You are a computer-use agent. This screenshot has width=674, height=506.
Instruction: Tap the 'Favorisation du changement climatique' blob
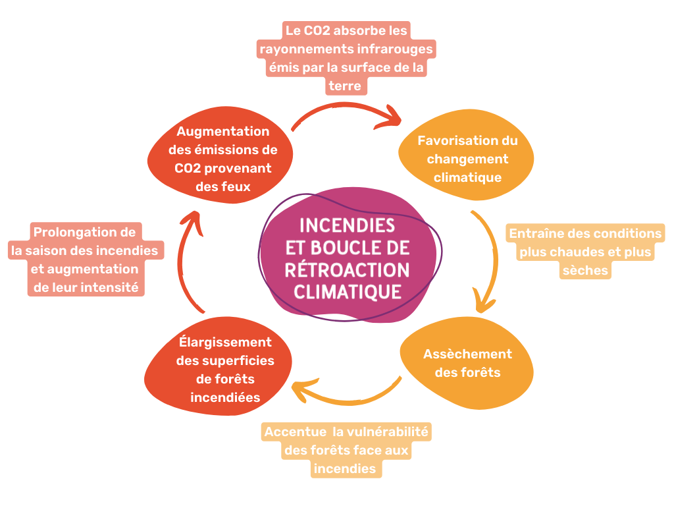pos(467,159)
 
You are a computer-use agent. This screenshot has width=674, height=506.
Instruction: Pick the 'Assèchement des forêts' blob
pos(467,363)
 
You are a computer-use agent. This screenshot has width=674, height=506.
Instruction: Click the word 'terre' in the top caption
pos(344,86)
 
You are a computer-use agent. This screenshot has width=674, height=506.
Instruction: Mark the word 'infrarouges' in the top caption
pos(394,49)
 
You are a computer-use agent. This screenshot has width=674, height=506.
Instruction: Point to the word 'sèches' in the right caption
pos(584,270)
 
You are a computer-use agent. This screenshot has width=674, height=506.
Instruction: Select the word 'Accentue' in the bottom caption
pos(296,432)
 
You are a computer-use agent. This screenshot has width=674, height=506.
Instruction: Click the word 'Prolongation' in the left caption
pos(74,232)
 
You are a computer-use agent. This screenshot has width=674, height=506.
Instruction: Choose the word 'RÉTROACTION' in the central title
pos(348,270)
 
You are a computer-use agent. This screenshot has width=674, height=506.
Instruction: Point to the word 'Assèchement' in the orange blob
pos(467,354)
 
